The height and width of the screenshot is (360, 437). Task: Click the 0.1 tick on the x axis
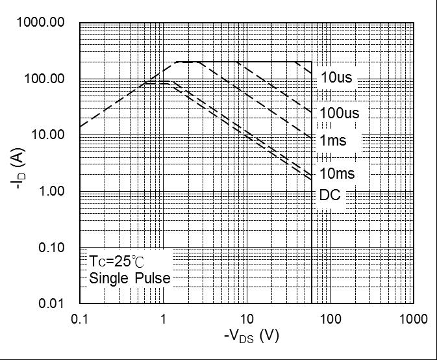point(80,319)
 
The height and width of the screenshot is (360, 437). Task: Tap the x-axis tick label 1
point(164,319)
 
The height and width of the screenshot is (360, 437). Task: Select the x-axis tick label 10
point(247,319)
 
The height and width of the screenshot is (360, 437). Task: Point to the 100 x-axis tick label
point(331,319)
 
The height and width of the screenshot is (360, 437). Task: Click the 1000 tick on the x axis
point(414,319)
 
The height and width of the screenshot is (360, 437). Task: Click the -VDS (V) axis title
point(251,337)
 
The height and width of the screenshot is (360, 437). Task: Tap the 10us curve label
point(336,78)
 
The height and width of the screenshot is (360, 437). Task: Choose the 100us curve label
point(339,113)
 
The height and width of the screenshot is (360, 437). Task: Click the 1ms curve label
point(332,140)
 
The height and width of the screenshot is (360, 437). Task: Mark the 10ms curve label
point(337,174)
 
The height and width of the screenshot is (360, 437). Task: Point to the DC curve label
point(330,195)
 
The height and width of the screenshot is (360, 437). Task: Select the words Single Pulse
point(130,279)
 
